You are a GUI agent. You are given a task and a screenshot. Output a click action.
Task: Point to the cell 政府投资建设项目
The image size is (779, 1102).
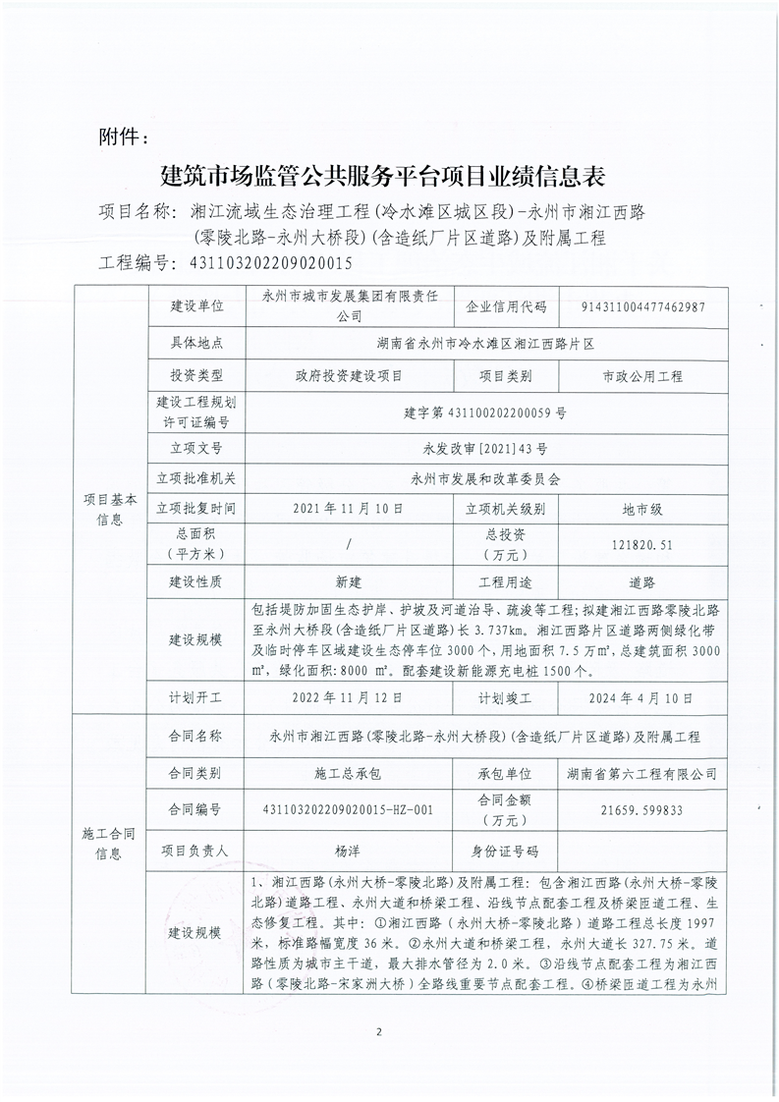tap(348, 375)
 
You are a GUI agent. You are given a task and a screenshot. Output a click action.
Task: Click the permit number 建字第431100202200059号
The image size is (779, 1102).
tap(484, 413)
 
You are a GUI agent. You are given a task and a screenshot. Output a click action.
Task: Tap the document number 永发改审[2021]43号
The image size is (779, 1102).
tap(484, 446)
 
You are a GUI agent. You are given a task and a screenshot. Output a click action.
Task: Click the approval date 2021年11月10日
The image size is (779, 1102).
tap(348, 510)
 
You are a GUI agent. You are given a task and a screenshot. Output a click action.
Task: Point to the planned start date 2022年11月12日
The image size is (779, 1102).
tap(348, 699)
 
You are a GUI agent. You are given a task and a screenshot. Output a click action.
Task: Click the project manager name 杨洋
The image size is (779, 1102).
tap(348, 851)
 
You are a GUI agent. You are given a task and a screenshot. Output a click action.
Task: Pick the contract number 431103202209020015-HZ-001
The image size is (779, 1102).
tap(348, 810)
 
